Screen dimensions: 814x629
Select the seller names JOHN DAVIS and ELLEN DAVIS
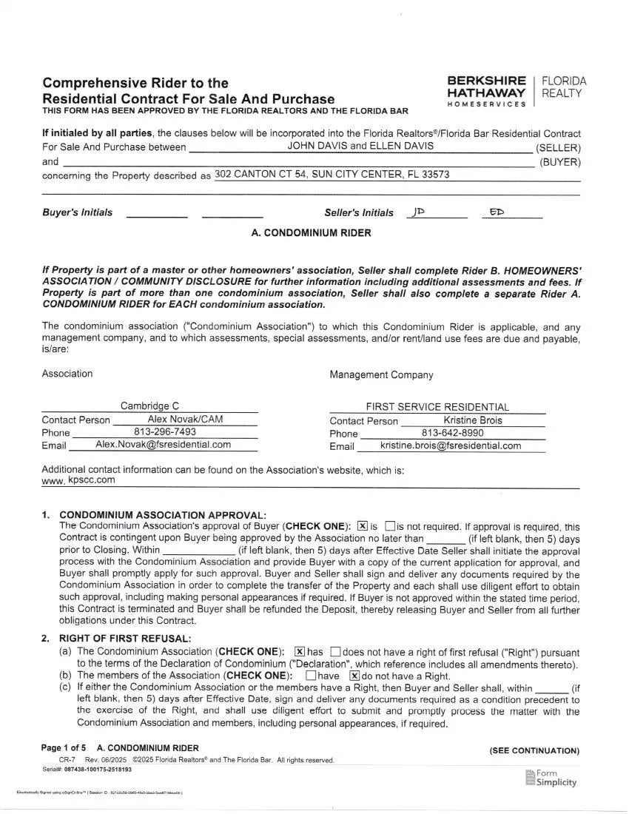pyautogui.click(x=360, y=146)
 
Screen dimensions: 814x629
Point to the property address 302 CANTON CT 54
pyautogui.click(x=332, y=175)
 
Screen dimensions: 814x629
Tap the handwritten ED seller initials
pyautogui.click(x=497, y=212)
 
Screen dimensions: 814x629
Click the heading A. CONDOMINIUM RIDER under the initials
pyautogui.click(x=312, y=232)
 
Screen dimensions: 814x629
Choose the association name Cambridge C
pyautogui.click(x=149, y=406)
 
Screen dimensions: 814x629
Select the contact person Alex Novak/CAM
pyautogui.click(x=185, y=419)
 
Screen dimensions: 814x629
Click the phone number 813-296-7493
pyautogui.click(x=165, y=431)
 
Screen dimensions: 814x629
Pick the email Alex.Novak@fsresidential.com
pyautogui.click(x=164, y=444)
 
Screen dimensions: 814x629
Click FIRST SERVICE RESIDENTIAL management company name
pyautogui.click(x=437, y=407)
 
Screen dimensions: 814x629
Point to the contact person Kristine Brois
pyautogui.click(x=473, y=420)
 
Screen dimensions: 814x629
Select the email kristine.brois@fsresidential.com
pyautogui.click(x=451, y=445)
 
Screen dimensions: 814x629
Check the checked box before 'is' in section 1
pyautogui.click(x=363, y=526)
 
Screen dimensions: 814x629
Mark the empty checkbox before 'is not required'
pyautogui.click(x=390, y=526)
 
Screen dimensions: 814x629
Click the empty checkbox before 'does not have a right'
pyautogui.click(x=335, y=652)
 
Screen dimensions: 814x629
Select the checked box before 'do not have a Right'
pyautogui.click(x=354, y=676)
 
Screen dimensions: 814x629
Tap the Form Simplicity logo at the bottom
pyautogui.click(x=551, y=778)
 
